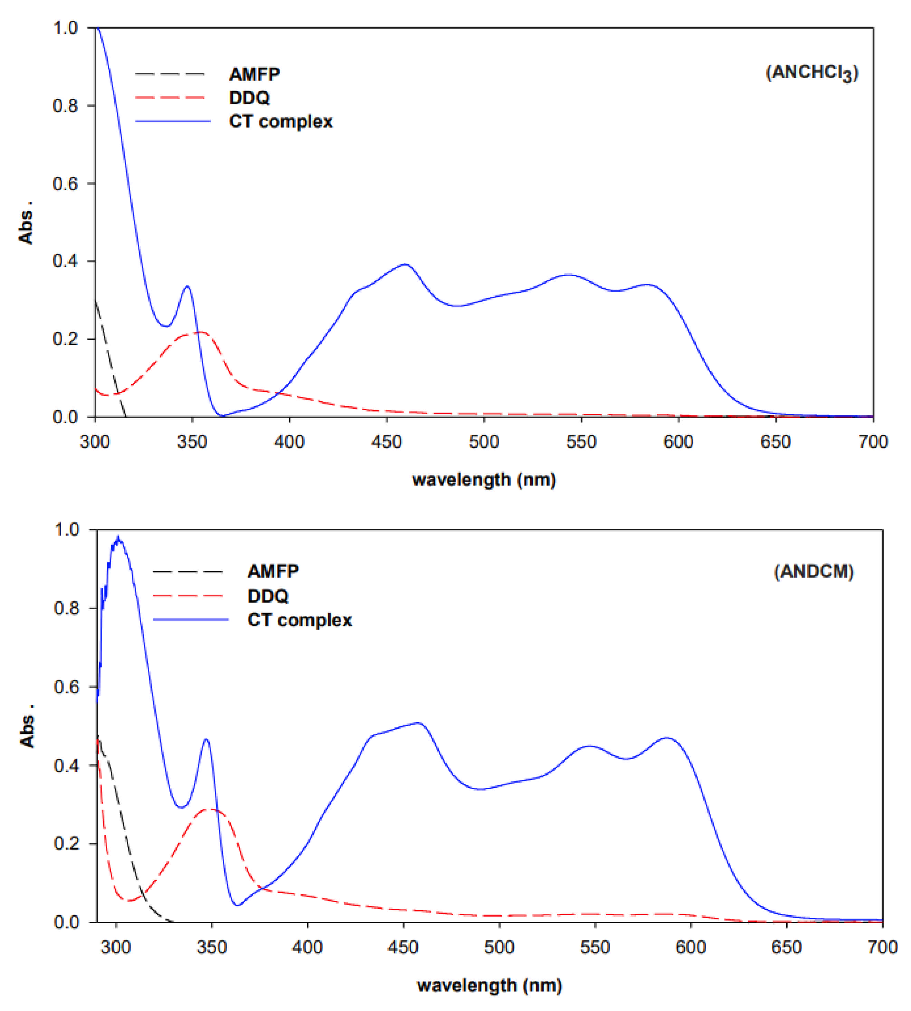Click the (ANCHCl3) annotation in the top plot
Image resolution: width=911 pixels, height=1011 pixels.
click(812, 73)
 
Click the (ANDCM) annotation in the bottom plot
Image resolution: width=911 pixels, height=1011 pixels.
click(813, 571)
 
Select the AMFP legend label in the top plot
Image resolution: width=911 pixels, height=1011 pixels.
click(254, 74)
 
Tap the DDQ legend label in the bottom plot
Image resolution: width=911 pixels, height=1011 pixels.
click(268, 596)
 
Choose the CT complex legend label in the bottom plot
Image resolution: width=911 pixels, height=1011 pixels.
click(299, 620)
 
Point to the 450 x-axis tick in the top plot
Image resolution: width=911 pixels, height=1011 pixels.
click(387, 442)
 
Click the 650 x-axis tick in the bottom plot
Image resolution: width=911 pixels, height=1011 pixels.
click(786, 947)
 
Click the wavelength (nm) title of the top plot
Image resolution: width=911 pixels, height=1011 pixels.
click(484, 480)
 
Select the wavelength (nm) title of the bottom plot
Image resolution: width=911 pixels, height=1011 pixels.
click(490, 985)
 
